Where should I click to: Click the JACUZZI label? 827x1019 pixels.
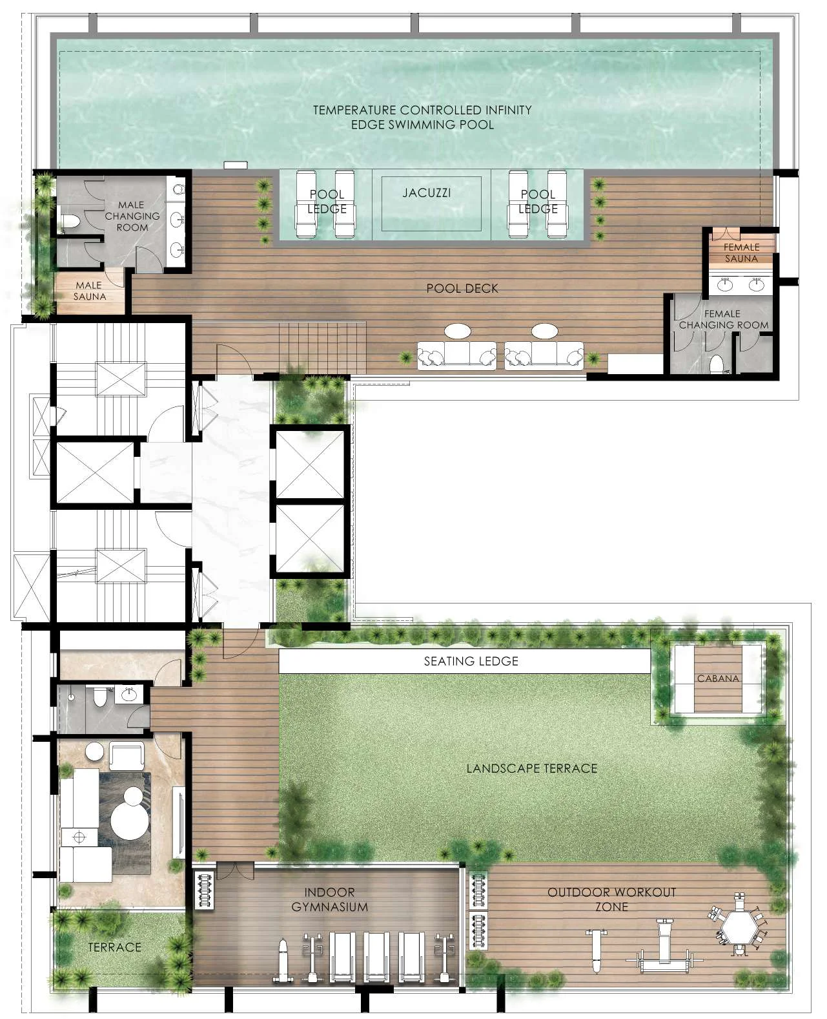tap(427, 193)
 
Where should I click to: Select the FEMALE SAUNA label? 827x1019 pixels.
tap(740, 253)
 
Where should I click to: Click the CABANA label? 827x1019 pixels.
tap(718, 678)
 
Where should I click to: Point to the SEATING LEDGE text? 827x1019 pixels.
tap(471, 661)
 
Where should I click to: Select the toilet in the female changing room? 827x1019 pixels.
tap(716, 364)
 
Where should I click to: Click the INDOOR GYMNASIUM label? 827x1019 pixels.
tap(329, 899)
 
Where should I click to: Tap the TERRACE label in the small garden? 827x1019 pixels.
tap(114, 947)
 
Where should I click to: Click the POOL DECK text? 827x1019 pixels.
tap(462, 288)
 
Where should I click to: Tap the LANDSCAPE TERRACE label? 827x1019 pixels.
tap(531, 768)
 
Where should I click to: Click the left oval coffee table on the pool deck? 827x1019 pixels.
tap(458, 331)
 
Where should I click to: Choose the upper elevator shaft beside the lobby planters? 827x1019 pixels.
tap(310, 464)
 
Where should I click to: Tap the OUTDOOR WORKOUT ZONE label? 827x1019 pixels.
tap(611, 899)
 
